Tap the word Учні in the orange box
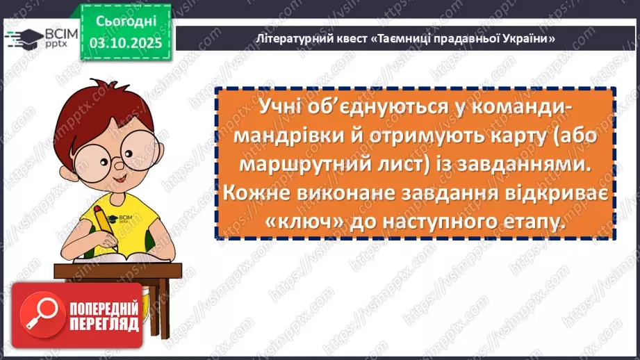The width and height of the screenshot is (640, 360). pos(285,108)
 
